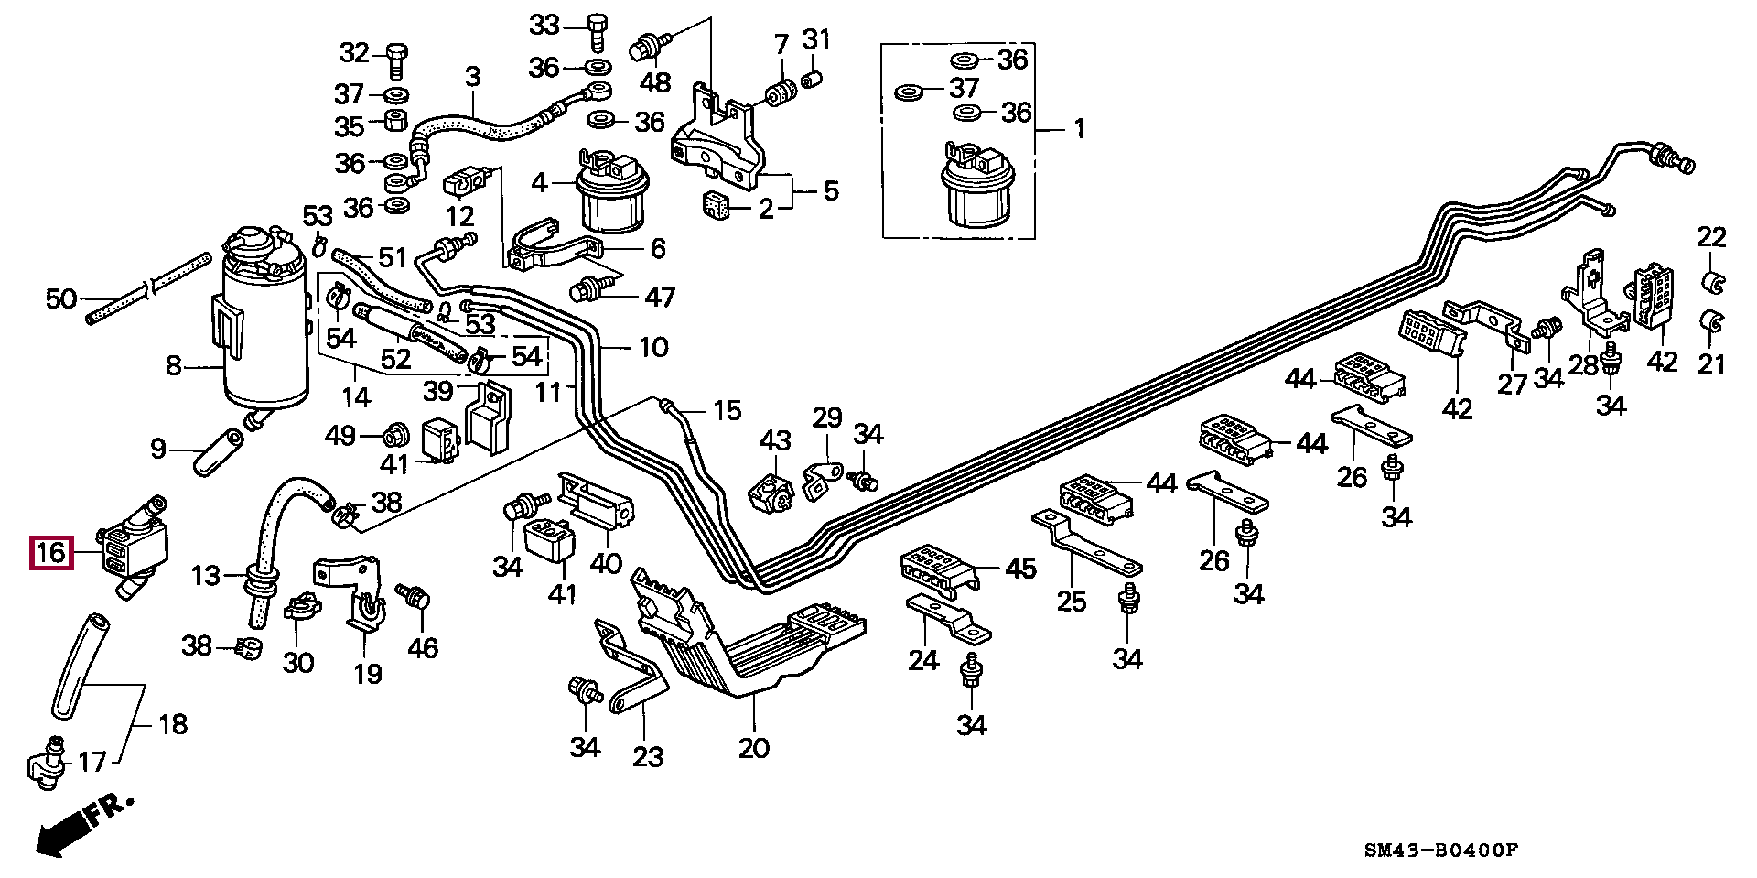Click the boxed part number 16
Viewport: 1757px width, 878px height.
(x=51, y=552)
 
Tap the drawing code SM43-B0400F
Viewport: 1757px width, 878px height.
(x=1440, y=851)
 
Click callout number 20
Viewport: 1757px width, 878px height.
(x=754, y=748)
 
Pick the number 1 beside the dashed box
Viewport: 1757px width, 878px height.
(x=1079, y=129)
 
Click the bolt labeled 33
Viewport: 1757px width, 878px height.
(x=595, y=32)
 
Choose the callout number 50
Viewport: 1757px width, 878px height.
(x=61, y=298)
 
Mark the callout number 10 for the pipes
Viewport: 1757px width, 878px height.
(x=653, y=347)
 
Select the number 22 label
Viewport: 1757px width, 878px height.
(x=1711, y=237)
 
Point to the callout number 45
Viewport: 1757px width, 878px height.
(x=1020, y=569)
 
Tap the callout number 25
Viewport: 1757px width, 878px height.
(x=1072, y=602)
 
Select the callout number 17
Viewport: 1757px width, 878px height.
(x=92, y=761)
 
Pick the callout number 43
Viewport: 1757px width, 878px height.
(x=775, y=440)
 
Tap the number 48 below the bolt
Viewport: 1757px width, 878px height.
(x=655, y=83)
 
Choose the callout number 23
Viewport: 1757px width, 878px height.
(x=648, y=756)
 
